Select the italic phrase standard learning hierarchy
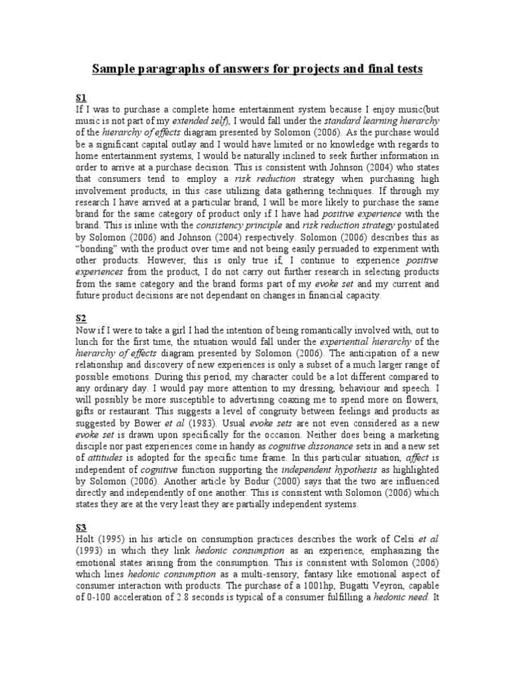point(382,120)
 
